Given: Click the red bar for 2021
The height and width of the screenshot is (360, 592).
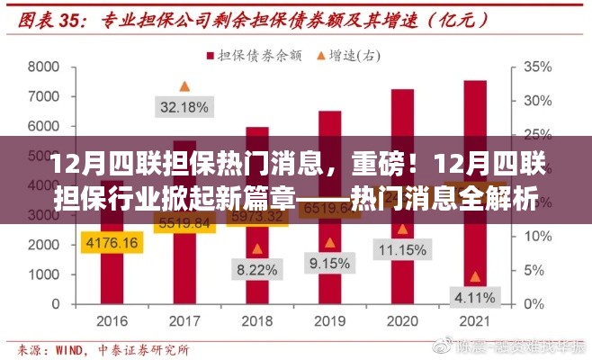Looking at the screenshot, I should click(475, 189).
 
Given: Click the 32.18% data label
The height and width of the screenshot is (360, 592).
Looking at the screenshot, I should click(184, 107).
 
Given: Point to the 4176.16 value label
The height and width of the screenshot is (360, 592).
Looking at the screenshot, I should click(112, 242).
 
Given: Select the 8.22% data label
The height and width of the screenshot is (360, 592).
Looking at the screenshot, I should click(257, 269).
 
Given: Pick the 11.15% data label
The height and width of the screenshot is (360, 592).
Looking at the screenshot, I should click(402, 250).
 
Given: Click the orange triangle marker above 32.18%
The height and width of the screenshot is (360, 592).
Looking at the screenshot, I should click(184, 86).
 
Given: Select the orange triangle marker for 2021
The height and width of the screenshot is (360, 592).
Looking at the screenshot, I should click(475, 277).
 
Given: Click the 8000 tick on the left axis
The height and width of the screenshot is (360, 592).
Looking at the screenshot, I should click(43, 67).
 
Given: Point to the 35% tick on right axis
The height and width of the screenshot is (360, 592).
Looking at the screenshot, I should click(537, 67).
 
